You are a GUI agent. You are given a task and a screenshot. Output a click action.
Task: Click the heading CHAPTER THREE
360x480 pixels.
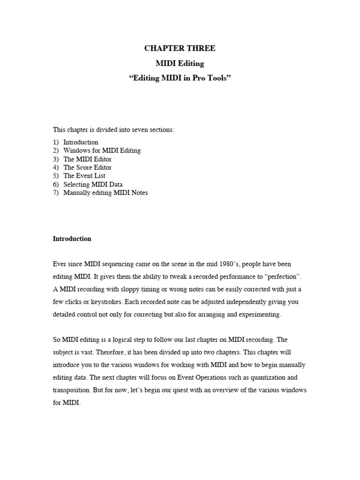click(x=180, y=48)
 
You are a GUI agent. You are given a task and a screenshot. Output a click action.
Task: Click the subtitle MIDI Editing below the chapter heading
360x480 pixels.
click(x=180, y=63)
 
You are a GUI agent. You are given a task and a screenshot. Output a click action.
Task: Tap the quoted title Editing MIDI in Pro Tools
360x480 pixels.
click(x=180, y=78)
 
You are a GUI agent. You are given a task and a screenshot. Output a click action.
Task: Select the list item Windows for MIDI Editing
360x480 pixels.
click(x=102, y=150)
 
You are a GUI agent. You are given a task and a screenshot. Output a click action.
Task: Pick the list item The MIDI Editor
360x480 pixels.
click(x=87, y=159)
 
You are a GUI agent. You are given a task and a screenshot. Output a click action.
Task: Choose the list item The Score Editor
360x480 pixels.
click(x=87, y=167)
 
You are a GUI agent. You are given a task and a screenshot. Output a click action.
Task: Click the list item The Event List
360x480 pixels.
click(x=84, y=176)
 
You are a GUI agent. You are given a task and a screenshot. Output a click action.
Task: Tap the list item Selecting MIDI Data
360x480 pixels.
click(x=93, y=184)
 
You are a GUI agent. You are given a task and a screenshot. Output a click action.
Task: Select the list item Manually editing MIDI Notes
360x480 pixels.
click(x=105, y=193)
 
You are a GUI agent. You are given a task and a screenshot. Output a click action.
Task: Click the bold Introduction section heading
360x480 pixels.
click(x=72, y=239)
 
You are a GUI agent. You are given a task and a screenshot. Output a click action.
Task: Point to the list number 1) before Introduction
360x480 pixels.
click(x=56, y=142)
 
